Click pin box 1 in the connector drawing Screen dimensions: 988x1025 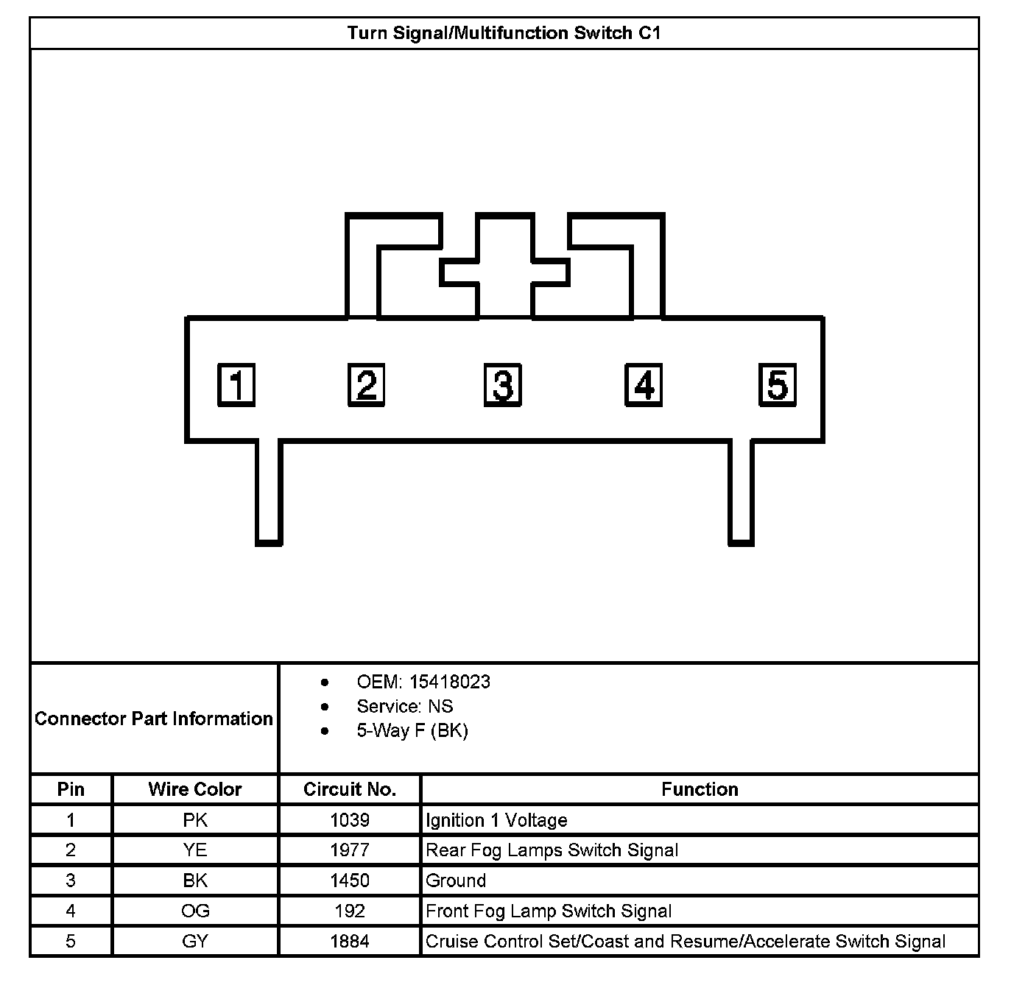click(236, 385)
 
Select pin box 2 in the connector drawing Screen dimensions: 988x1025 click(367, 385)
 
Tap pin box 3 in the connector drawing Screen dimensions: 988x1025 click(503, 385)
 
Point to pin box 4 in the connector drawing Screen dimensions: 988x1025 click(644, 385)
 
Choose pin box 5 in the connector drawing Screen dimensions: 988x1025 click(778, 385)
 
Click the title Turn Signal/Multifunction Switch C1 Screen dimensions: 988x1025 click(504, 33)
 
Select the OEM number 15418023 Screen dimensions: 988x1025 click(450, 682)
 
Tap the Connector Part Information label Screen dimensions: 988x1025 click(154, 719)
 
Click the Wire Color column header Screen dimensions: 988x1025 click(195, 789)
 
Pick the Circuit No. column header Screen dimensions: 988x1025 click(350, 789)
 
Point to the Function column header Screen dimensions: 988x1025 click(700, 789)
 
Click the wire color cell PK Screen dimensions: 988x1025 click(195, 820)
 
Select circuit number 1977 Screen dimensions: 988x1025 click(350, 850)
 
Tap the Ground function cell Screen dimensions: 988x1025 click(456, 881)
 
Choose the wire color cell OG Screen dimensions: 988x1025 click(195, 911)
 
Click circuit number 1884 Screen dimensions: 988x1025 click(350, 941)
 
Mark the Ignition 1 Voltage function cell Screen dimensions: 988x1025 click(496, 820)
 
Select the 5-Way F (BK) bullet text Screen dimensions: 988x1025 click(412, 730)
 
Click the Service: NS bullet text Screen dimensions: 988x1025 click(405, 706)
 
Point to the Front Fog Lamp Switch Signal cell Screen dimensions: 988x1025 click(549, 911)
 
